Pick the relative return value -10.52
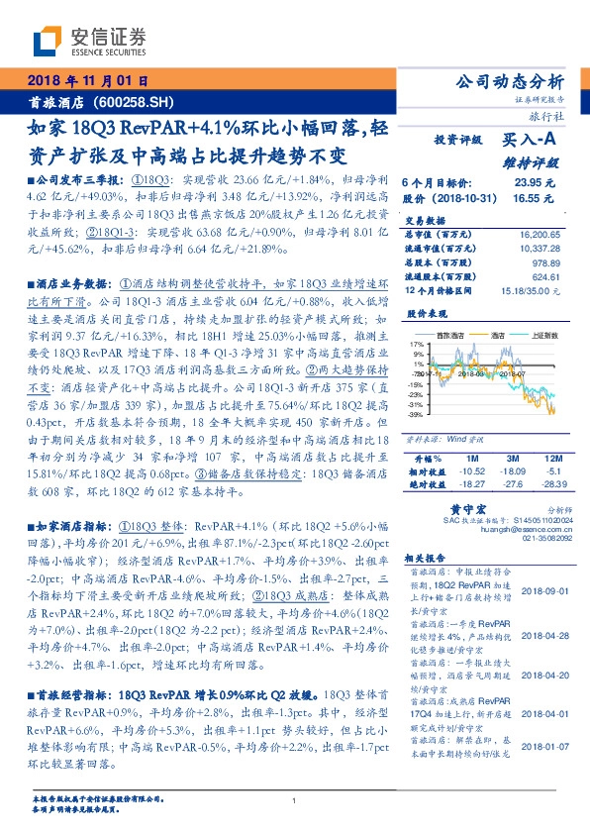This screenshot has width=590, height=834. (473, 470)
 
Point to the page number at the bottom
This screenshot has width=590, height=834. (295, 800)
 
